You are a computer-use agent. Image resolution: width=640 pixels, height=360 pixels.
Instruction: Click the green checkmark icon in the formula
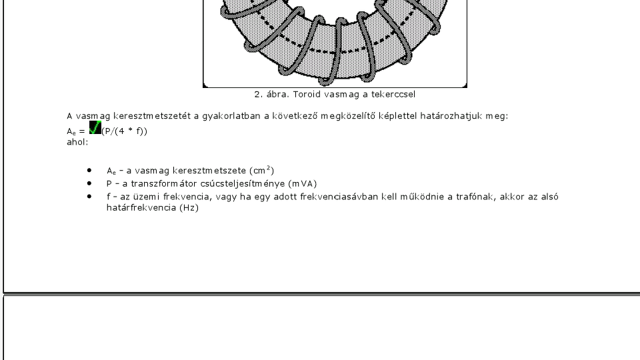(95, 127)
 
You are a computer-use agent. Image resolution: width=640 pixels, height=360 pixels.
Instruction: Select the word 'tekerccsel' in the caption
(394, 95)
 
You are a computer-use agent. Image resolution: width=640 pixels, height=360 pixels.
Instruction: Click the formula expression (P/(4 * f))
(125, 130)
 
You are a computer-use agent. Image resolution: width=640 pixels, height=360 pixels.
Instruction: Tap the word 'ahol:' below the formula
(77, 141)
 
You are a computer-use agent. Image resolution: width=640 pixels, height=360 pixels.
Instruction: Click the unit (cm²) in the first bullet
(261, 170)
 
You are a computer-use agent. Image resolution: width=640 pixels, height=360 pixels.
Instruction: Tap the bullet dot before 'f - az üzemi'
(89, 196)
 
